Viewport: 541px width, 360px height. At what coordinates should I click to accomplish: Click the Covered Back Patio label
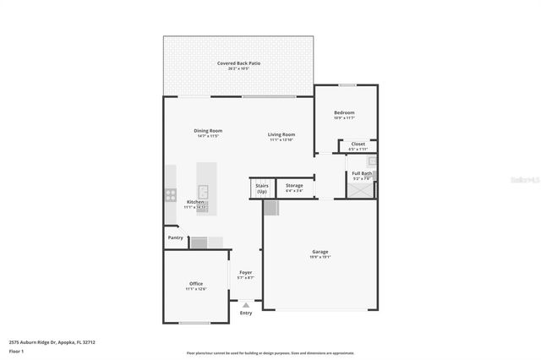[x=238, y=63]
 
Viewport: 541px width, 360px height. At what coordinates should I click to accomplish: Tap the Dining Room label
[x=208, y=131]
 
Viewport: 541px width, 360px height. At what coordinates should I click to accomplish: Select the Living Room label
[x=281, y=134]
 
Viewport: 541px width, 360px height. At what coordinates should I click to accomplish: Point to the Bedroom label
[x=344, y=112]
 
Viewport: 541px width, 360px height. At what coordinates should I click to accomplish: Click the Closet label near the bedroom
[x=358, y=144]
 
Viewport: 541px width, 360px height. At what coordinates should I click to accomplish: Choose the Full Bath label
[x=362, y=173]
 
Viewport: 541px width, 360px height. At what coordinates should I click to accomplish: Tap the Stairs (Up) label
[x=262, y=188]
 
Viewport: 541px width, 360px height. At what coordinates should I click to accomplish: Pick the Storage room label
[x=294, y=185]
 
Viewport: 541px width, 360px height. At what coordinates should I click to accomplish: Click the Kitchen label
[x=195, y=202]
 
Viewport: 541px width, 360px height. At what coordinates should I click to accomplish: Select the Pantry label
[x=176, y=237]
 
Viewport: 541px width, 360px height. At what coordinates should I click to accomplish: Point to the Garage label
[x=320, y=252]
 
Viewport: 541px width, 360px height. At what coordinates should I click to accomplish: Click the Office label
[x=195, y=283]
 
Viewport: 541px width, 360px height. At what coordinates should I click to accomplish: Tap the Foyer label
[x=245, y=272]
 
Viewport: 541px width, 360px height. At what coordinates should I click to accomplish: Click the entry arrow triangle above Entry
[x=246, y=304]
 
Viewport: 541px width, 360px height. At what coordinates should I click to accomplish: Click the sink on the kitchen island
[x=203, y=191]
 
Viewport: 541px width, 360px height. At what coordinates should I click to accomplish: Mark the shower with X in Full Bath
[x=363, y=190]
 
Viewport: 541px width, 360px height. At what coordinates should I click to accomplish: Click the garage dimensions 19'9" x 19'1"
[x=320, y=258]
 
